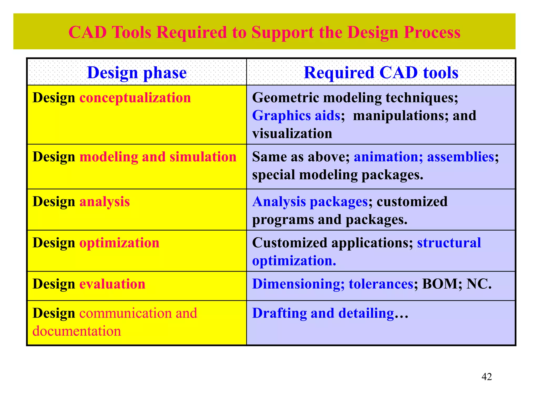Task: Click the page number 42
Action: point(487,377)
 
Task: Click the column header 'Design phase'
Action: point(137,73)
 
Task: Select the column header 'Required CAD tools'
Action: point(381,73)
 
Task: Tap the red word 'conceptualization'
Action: point(135,98)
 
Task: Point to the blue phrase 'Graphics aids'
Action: point(296,116)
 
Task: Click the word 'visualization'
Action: point(292,134)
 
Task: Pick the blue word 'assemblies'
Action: point(461,157)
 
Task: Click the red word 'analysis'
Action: point(105,202)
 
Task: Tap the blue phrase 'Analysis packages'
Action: point(310,202)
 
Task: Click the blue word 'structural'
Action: point(449,243)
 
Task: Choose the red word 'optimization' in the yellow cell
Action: point(119,243)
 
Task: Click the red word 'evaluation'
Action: point(112,284)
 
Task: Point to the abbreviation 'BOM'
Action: point(440,284)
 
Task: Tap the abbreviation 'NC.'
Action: point(479,284)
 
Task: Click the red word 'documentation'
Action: point(77,331)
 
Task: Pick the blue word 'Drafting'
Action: point(279,313)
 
